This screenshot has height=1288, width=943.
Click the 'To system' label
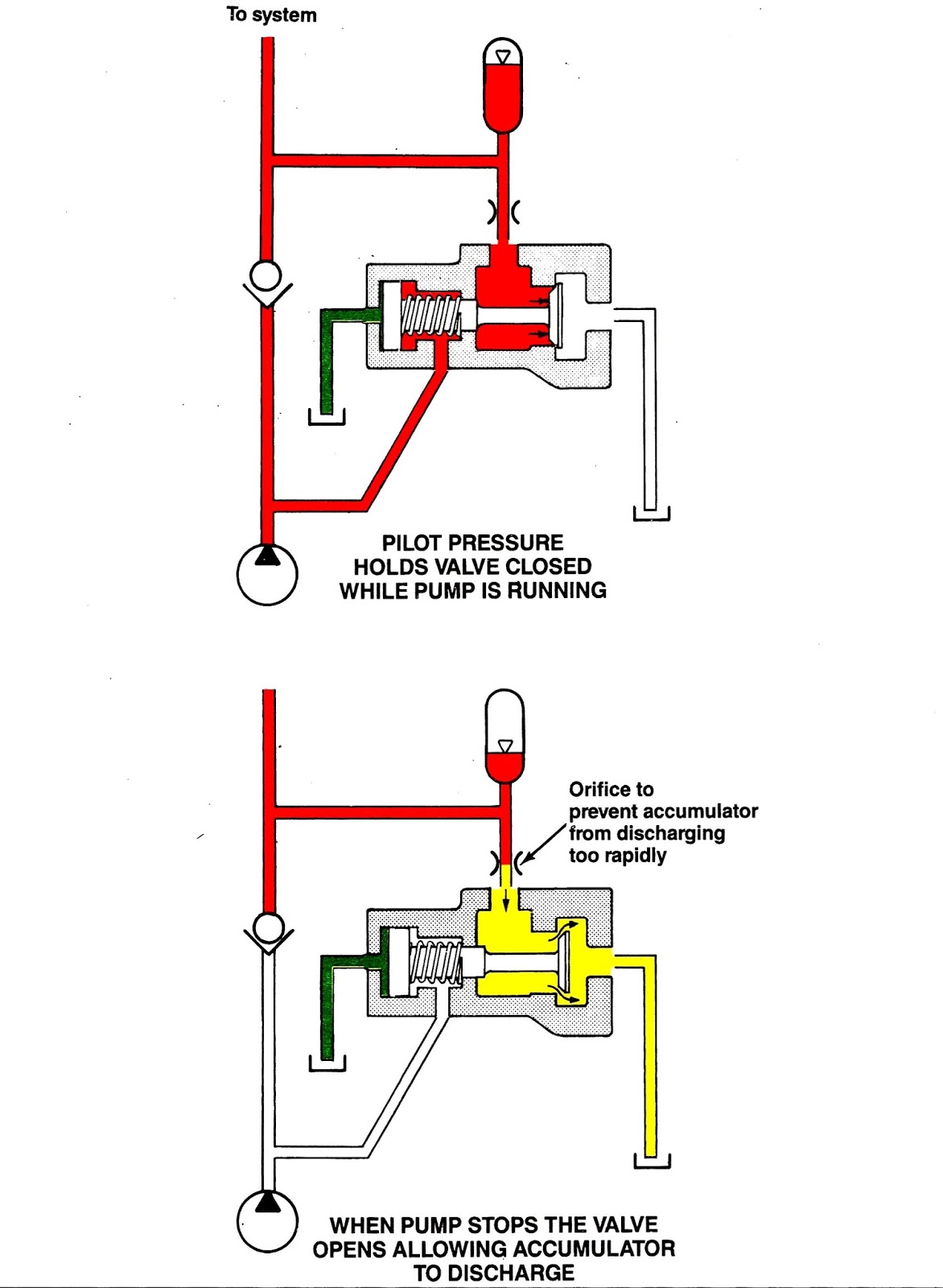(x=271, y=14)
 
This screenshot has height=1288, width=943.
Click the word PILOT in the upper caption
(x=412, y=543)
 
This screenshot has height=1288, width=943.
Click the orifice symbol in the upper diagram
(x=503, y=213)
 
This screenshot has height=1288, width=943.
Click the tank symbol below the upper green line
(x=327, y=417)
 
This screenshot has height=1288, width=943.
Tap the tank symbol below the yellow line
(x=652, y=1162)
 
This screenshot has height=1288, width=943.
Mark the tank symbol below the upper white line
(x=651, y=513)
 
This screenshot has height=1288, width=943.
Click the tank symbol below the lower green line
(x=327, y=1064)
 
